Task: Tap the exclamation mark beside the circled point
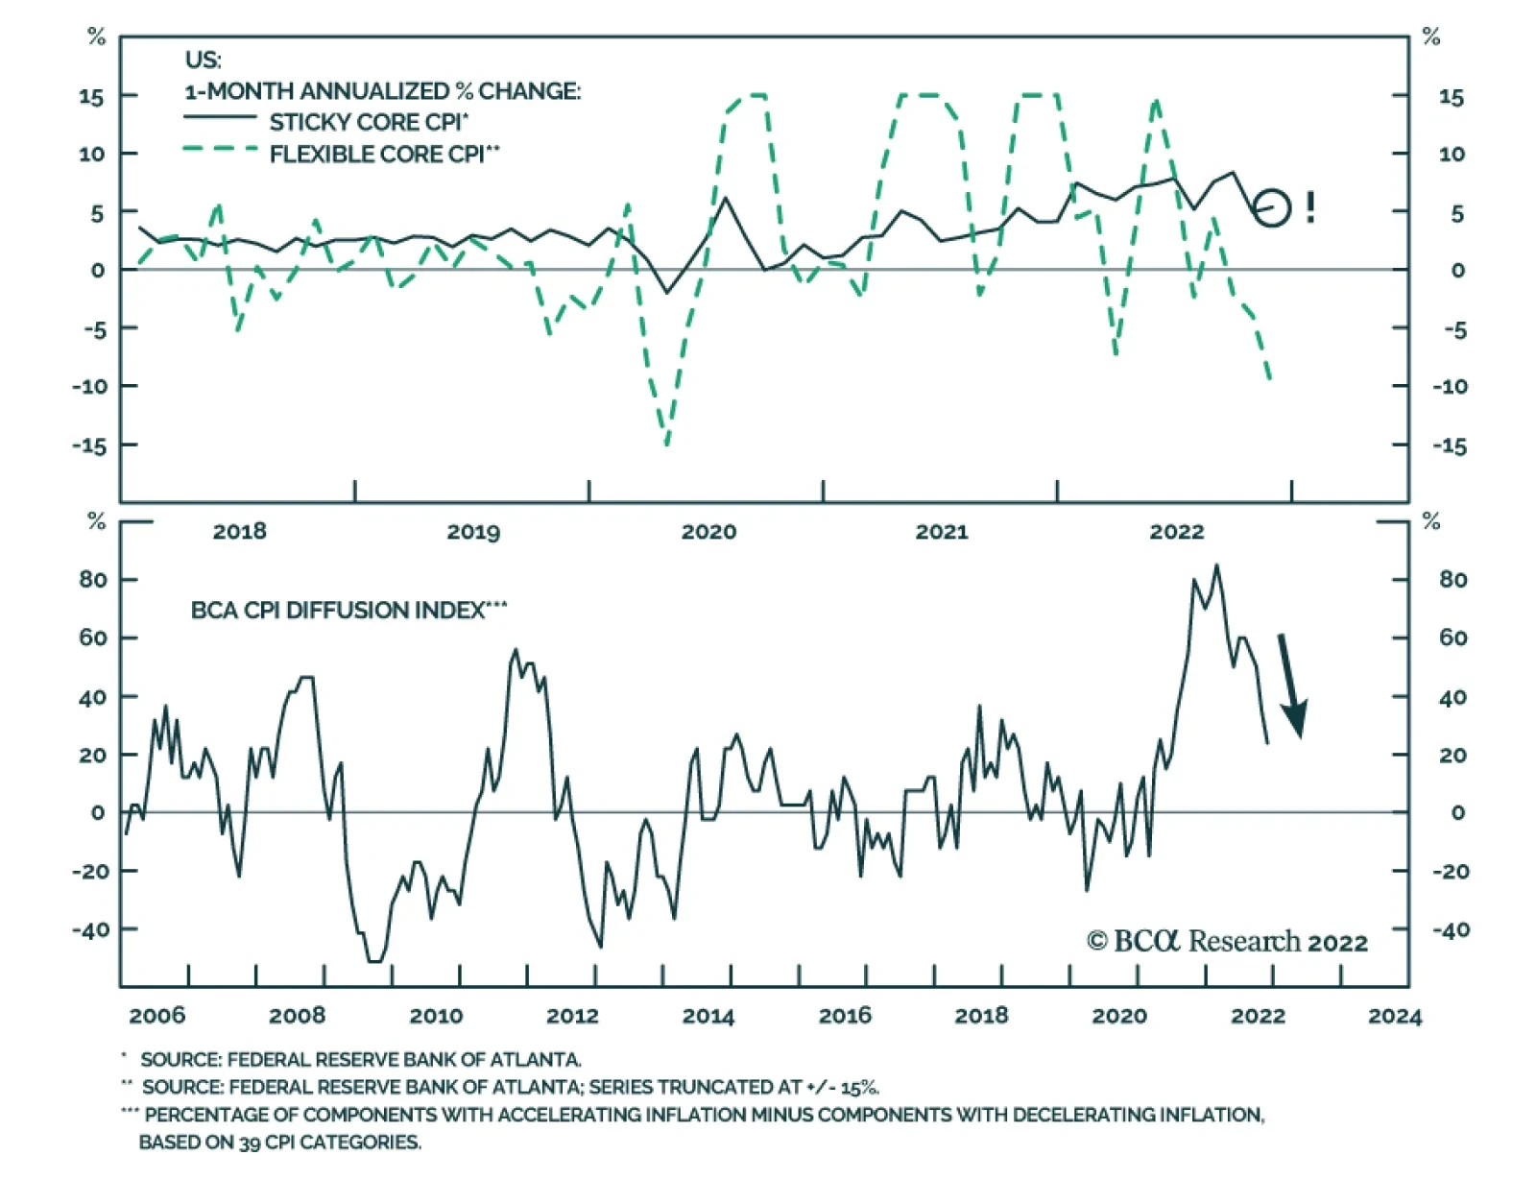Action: [1309, 207]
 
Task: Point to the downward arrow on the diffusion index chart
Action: [1292, 686]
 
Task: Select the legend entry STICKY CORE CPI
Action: [369, 122]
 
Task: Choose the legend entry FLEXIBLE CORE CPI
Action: [385, 154]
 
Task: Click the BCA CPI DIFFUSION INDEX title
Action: [348, 610]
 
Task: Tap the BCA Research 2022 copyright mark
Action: [1226, 942]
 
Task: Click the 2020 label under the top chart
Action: [708, 532]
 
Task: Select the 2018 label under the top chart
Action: [240, 532]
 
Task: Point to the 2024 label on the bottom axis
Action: [1395, 1017]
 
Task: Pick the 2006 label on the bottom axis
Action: [156, 1016]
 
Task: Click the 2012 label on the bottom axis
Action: [572, 1016]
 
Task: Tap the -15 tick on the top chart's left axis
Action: [89, 446]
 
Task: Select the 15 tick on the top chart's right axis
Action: [1452, 98]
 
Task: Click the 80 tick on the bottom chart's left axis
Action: [93, 580]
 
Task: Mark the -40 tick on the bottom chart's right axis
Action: [1452, 930]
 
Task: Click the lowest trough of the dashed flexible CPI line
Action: [666, 445]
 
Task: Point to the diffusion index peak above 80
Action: [1215, 565]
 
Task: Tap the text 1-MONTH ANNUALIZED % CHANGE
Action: [382, 91]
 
